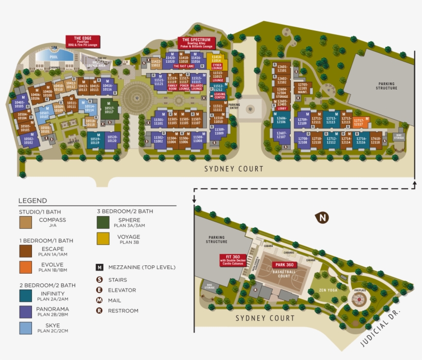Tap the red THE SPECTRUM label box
196,43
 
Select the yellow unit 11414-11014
217,59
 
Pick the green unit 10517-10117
109,110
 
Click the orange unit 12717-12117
359,122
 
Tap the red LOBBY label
282,108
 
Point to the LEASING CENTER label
219,96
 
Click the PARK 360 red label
283,265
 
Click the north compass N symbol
323,218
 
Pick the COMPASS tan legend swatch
26,222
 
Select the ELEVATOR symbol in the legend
99,290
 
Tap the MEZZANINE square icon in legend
99,267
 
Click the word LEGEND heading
32,201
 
